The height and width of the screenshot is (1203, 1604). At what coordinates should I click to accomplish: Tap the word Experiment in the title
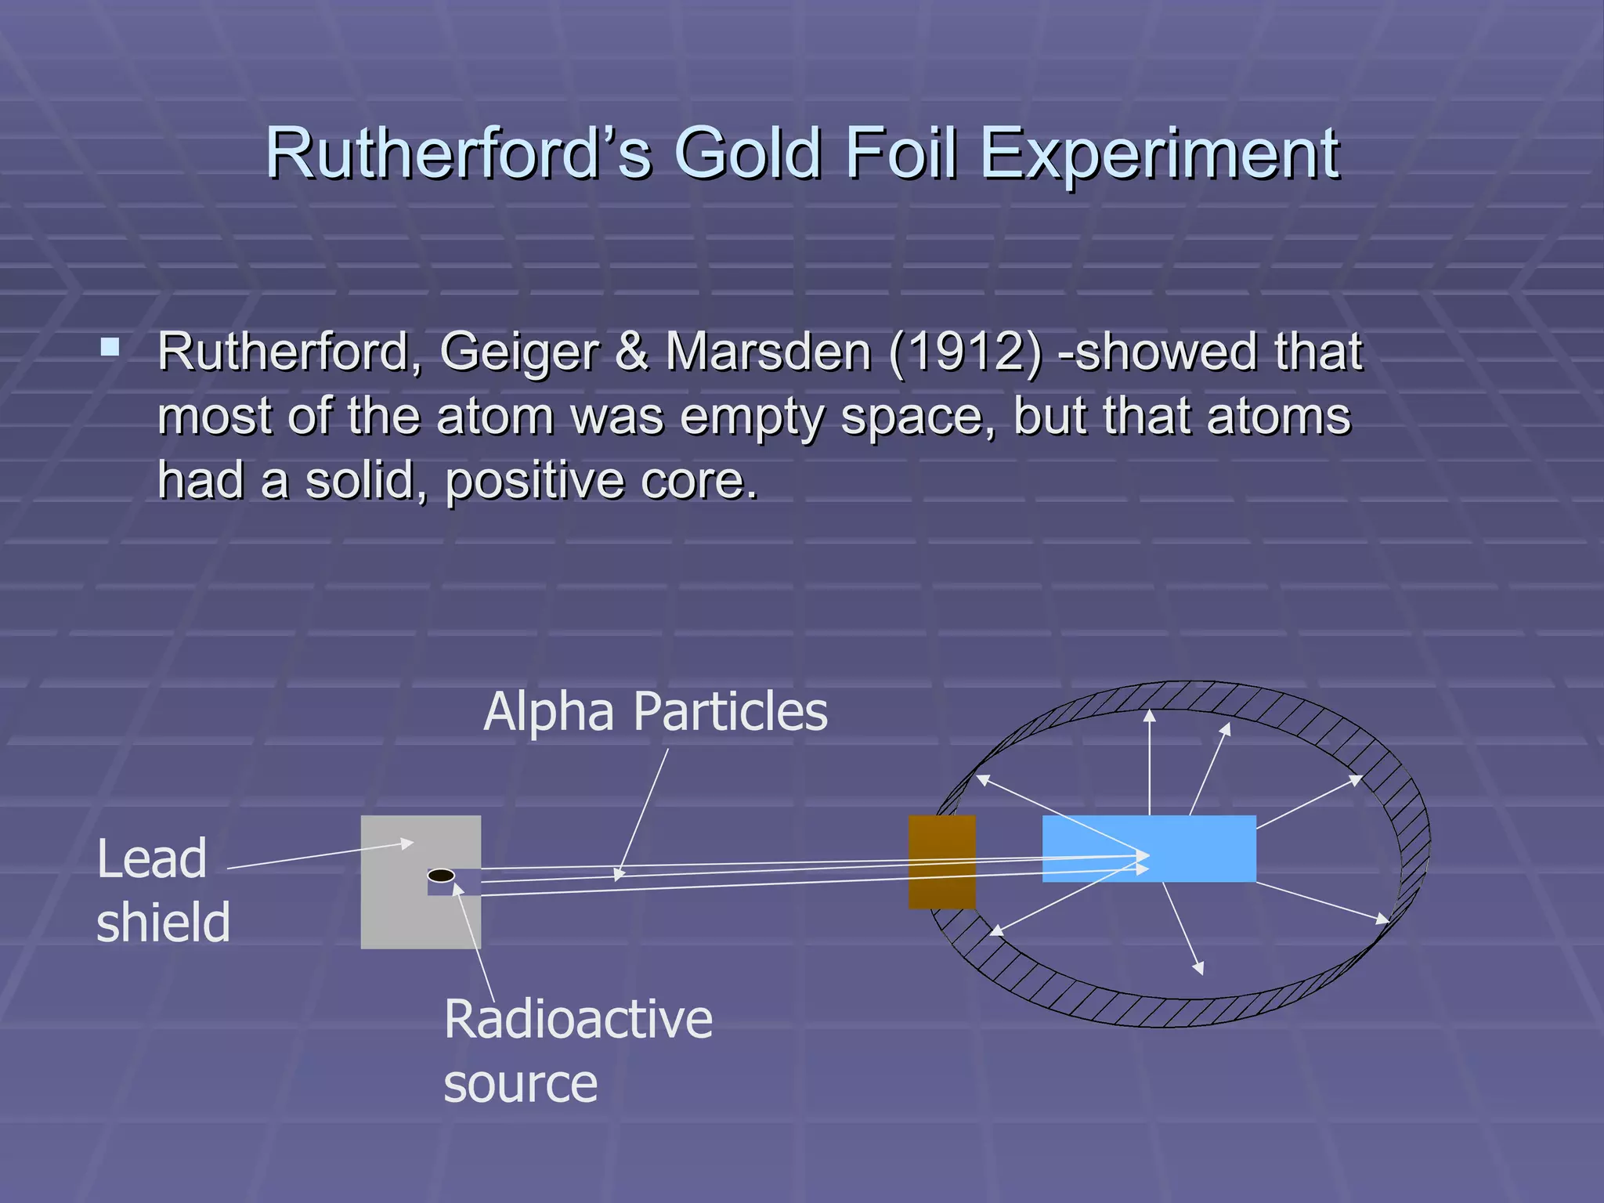pyautogui.click(x=1159, y=154)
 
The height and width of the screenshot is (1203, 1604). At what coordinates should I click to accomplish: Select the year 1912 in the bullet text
pyautogui.click(x=965, y=352)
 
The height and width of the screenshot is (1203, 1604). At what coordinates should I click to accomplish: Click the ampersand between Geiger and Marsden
pyautogui.click(x=631, y=352)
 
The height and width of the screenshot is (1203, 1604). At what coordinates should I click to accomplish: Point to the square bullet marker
pyautogui.click(x=110, y=347)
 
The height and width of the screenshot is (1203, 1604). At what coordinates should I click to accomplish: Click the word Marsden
pyautogui.click(x=768, y=352)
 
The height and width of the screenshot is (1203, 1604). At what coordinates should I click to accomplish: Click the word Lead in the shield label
pyautogui.click(x=152, y=859)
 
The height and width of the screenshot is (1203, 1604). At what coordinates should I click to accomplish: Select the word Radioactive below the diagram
pyautogui.click(x=578, y=1019)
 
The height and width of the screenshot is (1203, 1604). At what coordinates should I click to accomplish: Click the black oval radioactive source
pyautogui.click(x=441, y=876)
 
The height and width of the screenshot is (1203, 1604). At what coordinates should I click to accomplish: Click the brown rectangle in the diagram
pyautogui.click(x=941, y=862)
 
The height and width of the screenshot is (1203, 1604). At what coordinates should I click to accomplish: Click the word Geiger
pyautogui.click(x=519, y=352)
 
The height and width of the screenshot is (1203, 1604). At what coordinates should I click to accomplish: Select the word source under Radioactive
pyautogui.click(x=520, y=1084)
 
